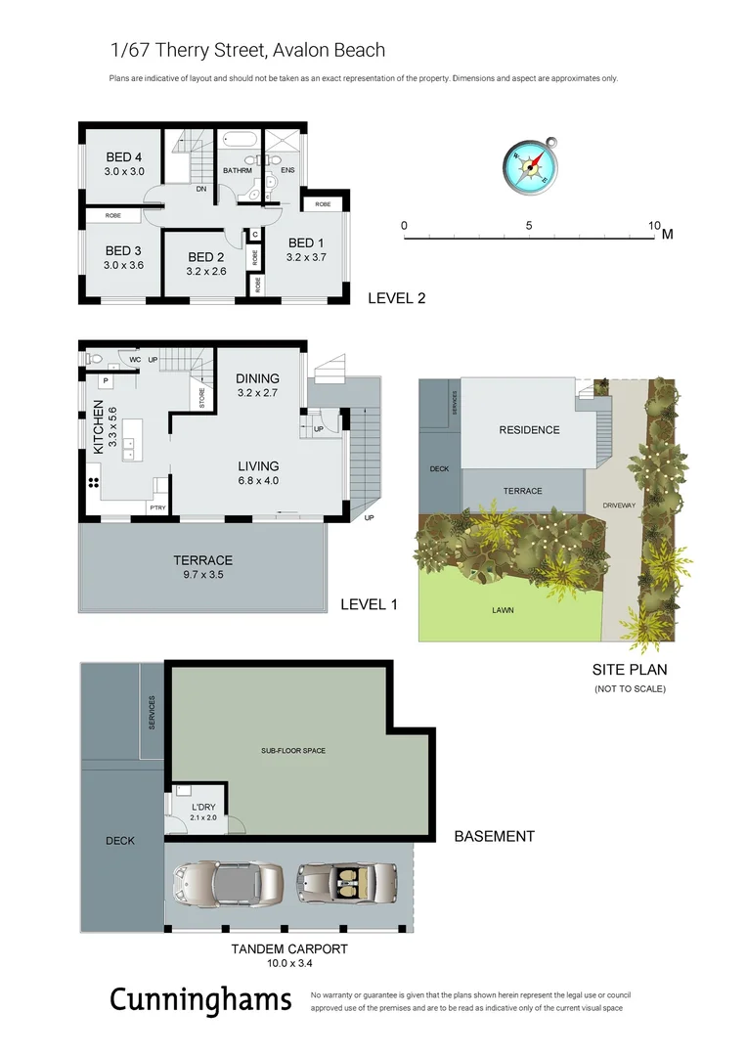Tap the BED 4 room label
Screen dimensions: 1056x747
pyautogui.click(x=124, y=157)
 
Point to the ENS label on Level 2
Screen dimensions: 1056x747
pyautogui.click(x=287, y=170)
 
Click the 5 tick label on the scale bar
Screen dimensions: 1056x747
pyautogui.click(x=529, y=226)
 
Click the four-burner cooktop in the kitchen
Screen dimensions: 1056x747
pyautogui.click(x=95, y=482)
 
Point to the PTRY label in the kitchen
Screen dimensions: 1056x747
pyautogui.click(x=156, y=507)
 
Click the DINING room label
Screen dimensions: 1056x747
pyautogui.click(x=258, y=378)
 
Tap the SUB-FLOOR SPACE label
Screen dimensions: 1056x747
pyautogui.click(x=292, y=751)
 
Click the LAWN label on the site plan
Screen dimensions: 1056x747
pyautogui.click(x=504, y=610)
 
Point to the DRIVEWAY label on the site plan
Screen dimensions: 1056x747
pyautogui.click(x=619, y=505)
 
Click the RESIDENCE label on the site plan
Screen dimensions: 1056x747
pyautogui.click(x=529, y=429)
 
